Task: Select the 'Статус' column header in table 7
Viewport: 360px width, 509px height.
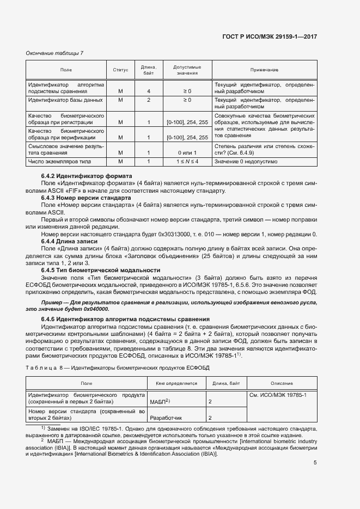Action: click(120, 70)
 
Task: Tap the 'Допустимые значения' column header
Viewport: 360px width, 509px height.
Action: click(187, 70)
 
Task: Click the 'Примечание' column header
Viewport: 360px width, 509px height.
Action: click(264, 70)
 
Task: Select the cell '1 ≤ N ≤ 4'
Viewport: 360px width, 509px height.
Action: click(187, 162)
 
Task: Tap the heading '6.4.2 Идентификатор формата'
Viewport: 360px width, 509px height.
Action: click(87, 176)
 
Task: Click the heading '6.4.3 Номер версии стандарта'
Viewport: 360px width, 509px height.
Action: click(86, 198)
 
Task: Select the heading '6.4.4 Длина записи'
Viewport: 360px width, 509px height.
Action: click(69, 241)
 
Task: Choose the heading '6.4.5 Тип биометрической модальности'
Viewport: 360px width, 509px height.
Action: click(101, 270)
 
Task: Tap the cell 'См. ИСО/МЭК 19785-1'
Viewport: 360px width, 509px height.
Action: click(278, 394)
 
